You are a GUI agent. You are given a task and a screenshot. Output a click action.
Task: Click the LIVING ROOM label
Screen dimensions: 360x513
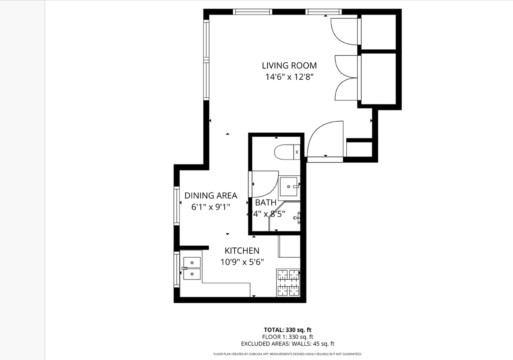click(289, 65)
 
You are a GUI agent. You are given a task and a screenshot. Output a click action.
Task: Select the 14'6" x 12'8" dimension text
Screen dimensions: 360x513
click(289, 77)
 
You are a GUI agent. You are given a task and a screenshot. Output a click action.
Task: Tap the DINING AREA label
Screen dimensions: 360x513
click(211, 195)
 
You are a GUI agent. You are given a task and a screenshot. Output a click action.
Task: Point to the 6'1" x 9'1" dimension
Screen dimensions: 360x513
click(211, 207)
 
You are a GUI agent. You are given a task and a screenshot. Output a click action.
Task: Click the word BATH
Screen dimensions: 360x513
click(266, 203)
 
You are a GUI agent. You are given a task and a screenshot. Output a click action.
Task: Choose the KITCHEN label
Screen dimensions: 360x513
click(242, 251)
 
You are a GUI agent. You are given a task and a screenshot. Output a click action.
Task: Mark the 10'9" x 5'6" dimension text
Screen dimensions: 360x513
click(242, 262)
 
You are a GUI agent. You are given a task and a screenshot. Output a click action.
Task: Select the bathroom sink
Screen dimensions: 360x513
click(289, 187)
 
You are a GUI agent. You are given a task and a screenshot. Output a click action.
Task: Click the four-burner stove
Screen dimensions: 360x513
click(288, 282)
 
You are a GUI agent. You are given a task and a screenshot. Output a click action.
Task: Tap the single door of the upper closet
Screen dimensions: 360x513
click(344, 31)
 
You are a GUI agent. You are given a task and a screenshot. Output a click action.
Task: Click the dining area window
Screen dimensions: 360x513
click(176, 206)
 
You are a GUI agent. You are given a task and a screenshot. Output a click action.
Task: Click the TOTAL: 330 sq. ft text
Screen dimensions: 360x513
click(287, 330)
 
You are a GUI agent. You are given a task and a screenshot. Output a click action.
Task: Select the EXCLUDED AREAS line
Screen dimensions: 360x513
click(287, 344)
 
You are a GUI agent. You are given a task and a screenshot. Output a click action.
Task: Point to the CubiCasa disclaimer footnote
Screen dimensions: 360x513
click(287, 354)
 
